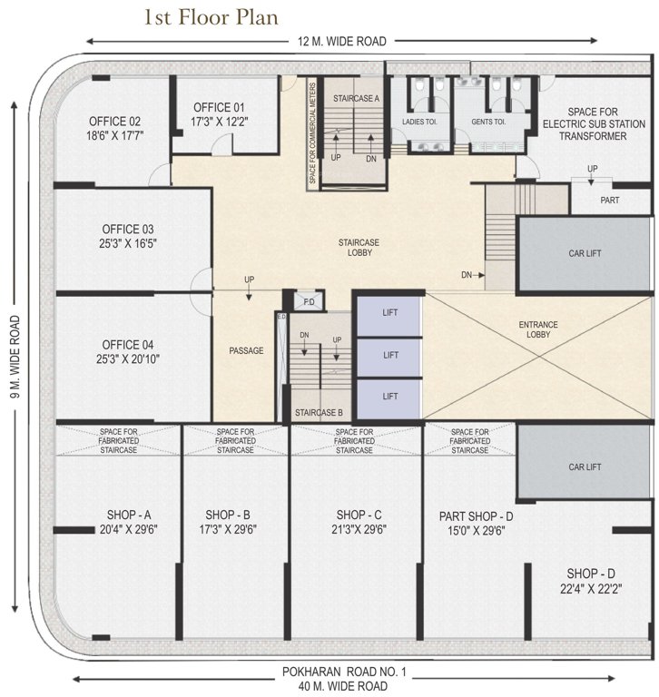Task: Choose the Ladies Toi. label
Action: coord(421,121)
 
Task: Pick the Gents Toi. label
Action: coord(487,121)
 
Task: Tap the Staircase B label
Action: coord(318,412)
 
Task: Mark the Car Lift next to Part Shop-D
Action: coord(585,466)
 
